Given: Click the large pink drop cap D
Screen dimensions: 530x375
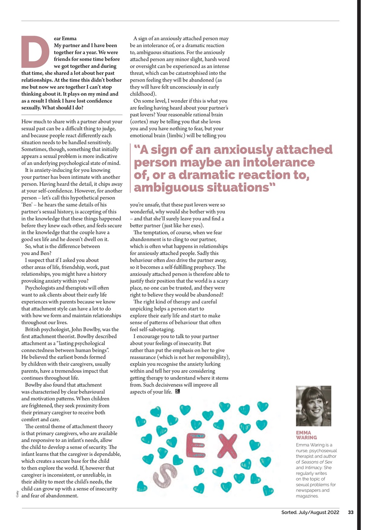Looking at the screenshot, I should tap(35, 52).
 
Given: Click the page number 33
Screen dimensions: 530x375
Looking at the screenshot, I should tap(350, 513).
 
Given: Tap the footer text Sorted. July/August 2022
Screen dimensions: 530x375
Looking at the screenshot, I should tap(308, 513).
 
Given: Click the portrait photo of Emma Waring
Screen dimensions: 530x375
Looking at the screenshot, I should tap(313, 406).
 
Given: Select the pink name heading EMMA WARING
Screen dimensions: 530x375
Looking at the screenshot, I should tap(306, 435).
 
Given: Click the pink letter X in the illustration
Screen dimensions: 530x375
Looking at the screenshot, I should tap(227, 446).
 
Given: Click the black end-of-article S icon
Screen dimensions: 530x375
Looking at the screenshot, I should tap(178, 392).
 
